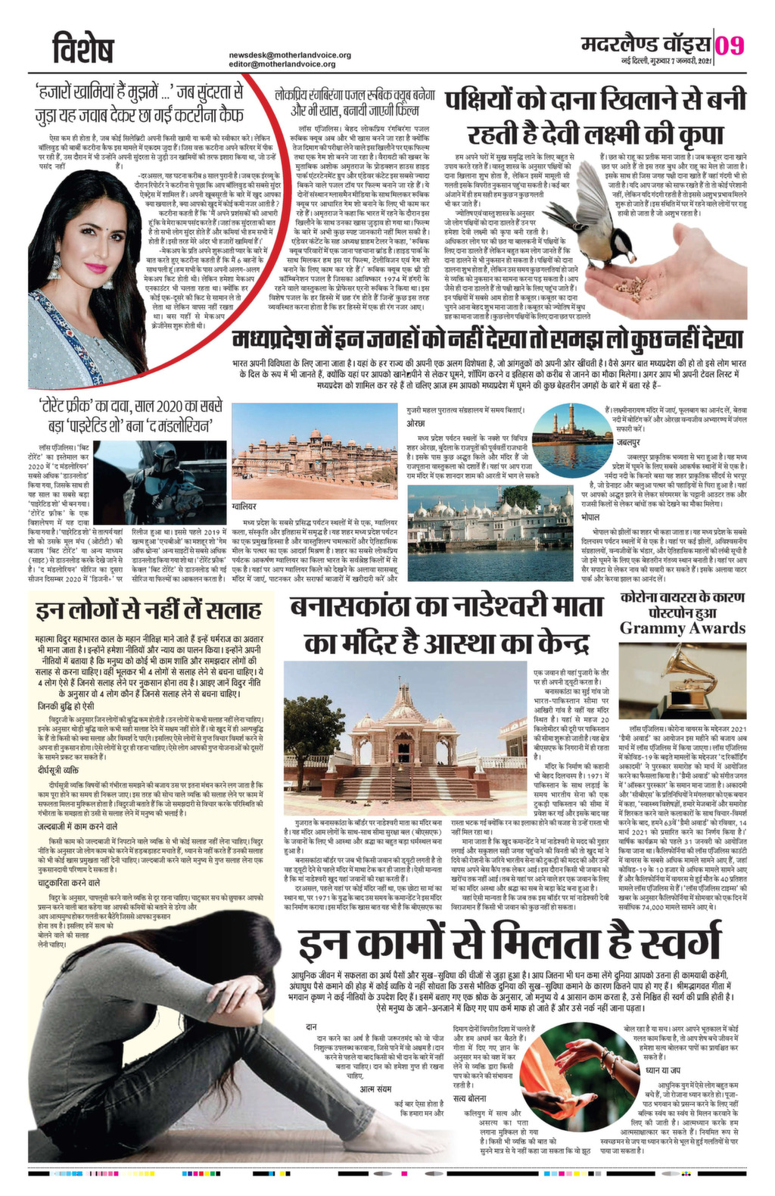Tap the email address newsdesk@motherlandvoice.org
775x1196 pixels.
pos(290,55)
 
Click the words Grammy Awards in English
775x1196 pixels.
pos(682,628)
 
